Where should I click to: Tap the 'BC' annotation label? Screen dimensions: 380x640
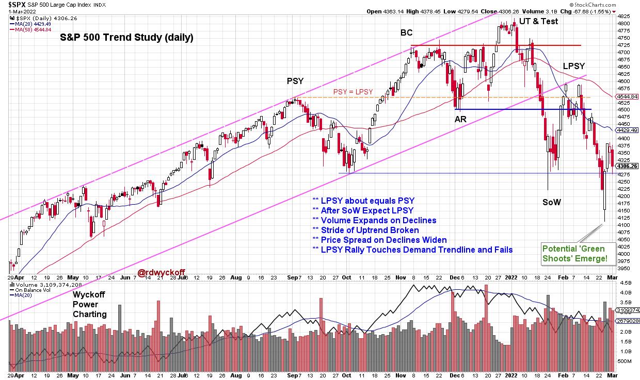[x=406, y=33]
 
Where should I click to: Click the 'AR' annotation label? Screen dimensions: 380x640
[x=461, y=119]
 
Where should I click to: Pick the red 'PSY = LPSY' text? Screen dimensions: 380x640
[x=353, y=92]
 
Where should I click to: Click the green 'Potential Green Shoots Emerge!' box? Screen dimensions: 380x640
[x=574, y=253]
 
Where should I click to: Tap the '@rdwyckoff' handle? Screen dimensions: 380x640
[x=161, y=273]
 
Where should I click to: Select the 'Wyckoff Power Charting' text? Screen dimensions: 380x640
[x=90, y=305]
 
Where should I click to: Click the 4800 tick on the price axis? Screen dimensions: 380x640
[x=623, y=24]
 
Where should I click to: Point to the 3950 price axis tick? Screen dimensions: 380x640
[x=623, y=269]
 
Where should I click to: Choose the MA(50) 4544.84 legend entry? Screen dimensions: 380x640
[x=33, y=29]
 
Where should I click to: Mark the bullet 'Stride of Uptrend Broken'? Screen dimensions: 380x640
[x=365, y=230]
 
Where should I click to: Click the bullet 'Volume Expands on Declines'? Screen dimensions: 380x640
[x=374, y=220]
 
